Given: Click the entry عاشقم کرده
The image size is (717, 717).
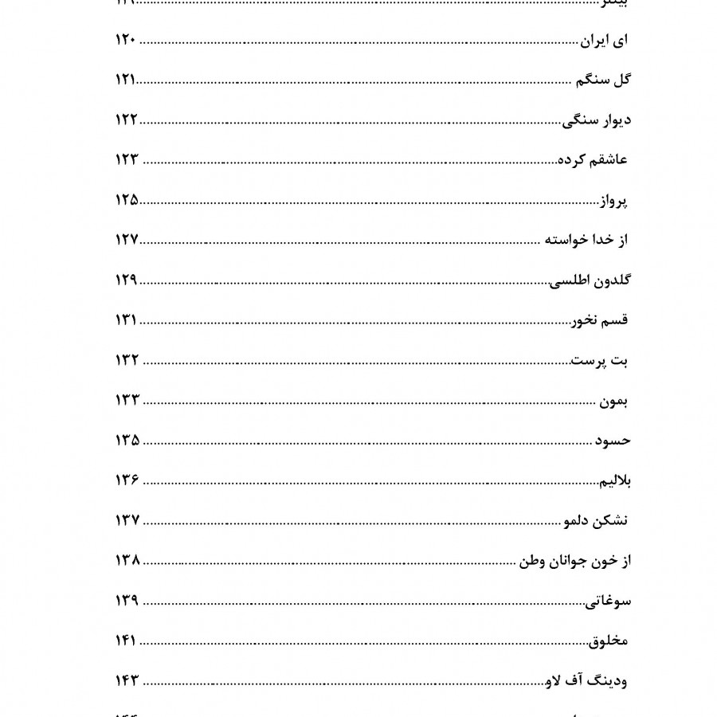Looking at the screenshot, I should pos(593,160).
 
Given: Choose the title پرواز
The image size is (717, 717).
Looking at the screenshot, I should pos(613,201).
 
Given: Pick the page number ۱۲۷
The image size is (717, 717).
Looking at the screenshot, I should pos(127,241).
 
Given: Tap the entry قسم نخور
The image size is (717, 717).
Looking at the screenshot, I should pos(600,320).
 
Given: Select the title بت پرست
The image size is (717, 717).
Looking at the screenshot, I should pos(601,361).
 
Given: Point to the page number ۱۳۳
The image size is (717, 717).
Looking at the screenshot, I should pos(127,401).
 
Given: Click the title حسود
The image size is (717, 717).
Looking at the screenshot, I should pos(613,441).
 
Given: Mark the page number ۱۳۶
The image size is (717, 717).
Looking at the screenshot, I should pos(127,480).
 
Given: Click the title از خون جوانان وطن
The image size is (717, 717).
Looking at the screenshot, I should pos(575,561).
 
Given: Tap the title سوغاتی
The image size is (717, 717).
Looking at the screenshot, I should pos(609,601).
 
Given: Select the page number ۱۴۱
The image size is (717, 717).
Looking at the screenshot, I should pos(127,641).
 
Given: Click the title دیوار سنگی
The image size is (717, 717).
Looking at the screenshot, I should pos(597,120).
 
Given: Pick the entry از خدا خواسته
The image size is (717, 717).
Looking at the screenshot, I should pos(586,241).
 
